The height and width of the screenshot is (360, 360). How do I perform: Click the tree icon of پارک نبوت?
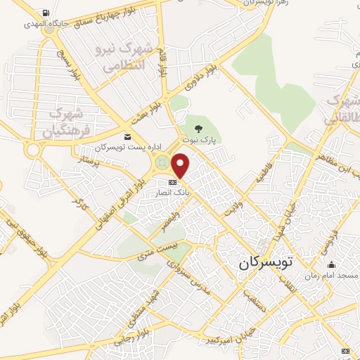[x=200, y=129]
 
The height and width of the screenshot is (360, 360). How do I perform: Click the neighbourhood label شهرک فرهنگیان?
[x=67, y=122]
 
